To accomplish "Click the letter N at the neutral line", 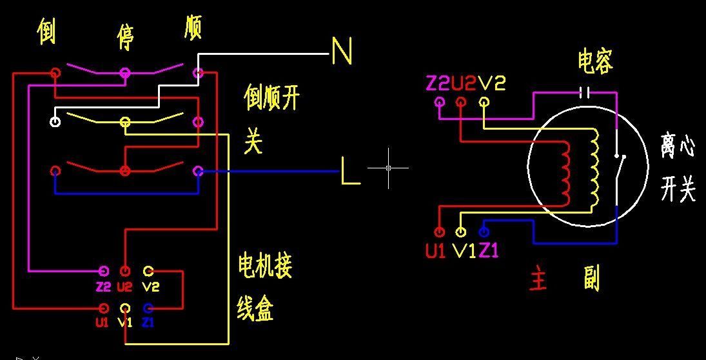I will click(342, 51).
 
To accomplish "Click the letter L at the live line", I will click(350, 172).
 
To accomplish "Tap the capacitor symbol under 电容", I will click(585, 92).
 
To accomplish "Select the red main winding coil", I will click(565, 172).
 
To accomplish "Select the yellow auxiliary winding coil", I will click(594, 168).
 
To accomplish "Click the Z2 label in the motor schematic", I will click(438, 83).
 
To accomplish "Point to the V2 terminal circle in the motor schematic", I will click(484, 101).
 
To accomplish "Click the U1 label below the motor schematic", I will click(436, 251).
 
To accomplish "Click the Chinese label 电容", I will click(594, 61).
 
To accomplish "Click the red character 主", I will click(538, 281).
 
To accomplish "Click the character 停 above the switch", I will click(125, 38).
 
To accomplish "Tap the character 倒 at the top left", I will click(46, 32).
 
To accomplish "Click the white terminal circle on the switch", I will click(55, 121).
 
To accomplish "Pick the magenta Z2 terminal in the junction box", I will click(103, 270).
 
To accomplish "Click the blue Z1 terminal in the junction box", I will click(148, 308).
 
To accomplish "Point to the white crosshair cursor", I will click(388, 168).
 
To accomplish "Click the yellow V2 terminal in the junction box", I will click(148, 270).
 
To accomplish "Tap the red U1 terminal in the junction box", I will click(103, 308).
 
